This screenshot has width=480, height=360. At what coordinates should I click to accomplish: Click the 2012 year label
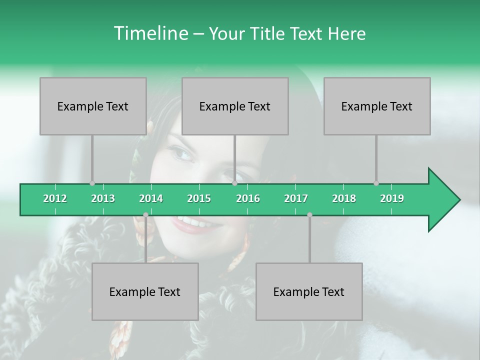(x=55, y=198)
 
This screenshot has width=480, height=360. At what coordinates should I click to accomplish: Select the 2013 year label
(x=103, y=198)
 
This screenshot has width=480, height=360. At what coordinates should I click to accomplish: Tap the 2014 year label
(x=151, y=198)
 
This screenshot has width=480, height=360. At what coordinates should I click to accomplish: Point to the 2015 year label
(x=199, y=198)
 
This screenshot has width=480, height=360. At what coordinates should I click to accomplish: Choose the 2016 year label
(x=248, y=198)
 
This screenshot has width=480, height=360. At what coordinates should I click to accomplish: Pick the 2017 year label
(x=296, y=198)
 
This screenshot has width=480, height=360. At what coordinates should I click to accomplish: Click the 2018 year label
(x=344, y=198)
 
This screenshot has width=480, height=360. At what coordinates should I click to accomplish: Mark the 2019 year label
(x=392, y=198)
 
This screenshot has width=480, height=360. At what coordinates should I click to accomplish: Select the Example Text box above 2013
(x=93, y=106)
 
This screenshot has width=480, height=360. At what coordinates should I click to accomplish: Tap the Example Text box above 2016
(x=235, y=106)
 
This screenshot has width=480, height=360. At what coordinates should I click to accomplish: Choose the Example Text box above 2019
(x=377, y=106)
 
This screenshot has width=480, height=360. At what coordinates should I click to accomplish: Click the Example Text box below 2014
(x=145, y=291)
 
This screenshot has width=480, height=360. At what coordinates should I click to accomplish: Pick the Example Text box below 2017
(x=309, y=291)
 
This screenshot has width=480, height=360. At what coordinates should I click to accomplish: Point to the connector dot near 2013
(x=92, y=183)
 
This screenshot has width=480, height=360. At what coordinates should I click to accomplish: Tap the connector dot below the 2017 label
(x=309, y=214)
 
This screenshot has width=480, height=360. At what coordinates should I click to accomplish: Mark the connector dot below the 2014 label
(x=145, y=214)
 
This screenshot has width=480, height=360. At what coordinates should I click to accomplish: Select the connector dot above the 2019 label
(x=376, y=183)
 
